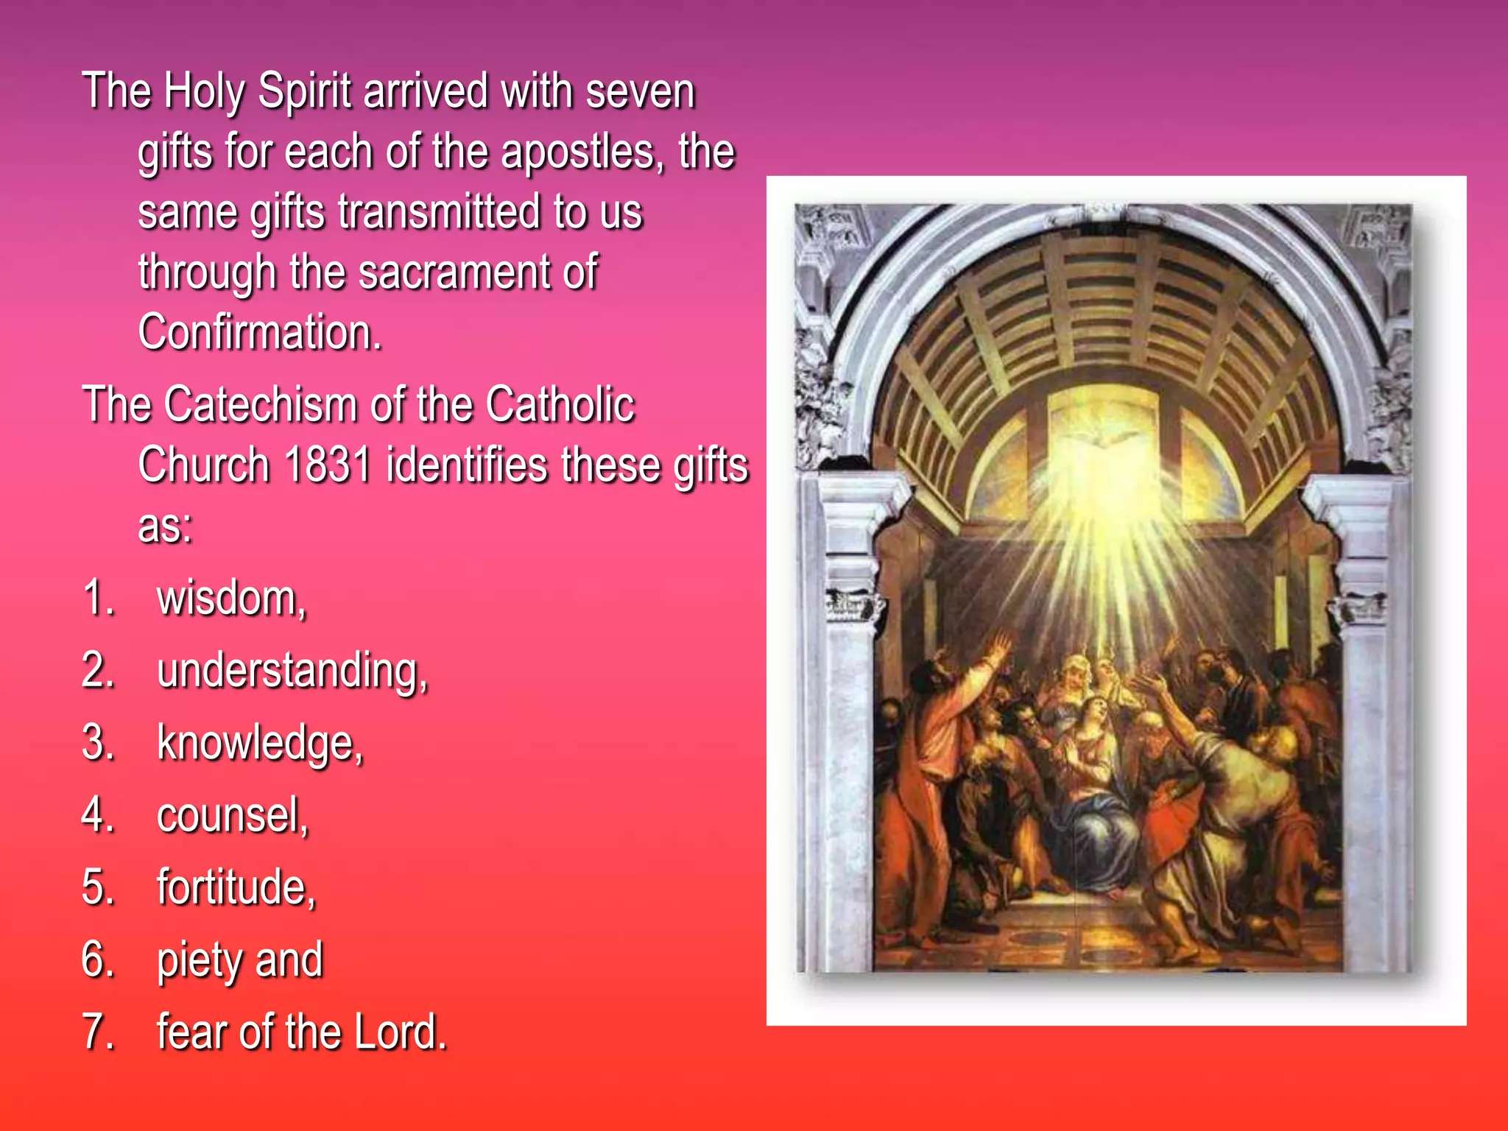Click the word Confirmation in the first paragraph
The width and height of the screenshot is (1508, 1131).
coord(259,332)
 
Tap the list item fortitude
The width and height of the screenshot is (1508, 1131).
coord(236,887)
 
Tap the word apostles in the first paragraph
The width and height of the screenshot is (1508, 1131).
coord(582,152)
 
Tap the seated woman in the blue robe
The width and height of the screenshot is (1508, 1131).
coord(1097,795)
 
